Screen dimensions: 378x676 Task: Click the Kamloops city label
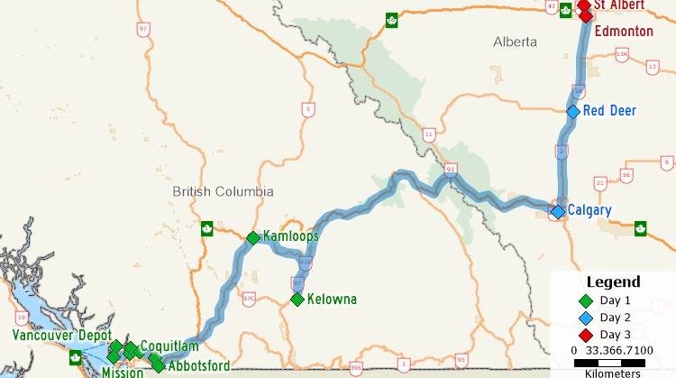pyautogui.click(x=291, y=236)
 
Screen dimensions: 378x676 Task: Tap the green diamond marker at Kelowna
pyautogui.click(x=297, y=300)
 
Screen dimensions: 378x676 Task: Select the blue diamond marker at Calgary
pyautogui.click(x=558, y=211)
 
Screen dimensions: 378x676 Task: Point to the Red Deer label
pyautogui.click(x=609, y=111)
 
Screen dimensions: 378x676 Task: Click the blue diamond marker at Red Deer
pyautogui.click(x=572, y=112)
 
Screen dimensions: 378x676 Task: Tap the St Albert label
pyautogui.click(x=619, y=5)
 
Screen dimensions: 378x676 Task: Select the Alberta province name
pyautogui.click(x=515, y=42)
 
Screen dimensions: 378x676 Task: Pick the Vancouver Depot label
pyautogui.click(x=62, y=336)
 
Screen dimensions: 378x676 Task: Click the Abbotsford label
pyautogui.click(x=198, y=366)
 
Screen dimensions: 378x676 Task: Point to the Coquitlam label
pyautogui.click(x=169, y=346)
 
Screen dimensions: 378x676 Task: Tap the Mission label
pyautogui.click(x=122, y=373)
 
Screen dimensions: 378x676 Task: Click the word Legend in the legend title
pyautogui.click(x=613, y=281)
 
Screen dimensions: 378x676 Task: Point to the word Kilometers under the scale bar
pyautogui.click(x=613, y=373)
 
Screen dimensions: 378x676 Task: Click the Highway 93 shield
pyautogui.click(x=451, y=168)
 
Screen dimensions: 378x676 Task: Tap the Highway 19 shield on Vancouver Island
pyautogui.click(x=21, y=317)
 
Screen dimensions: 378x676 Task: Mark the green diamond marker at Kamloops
pyautogui.click(x=253, y=238)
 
